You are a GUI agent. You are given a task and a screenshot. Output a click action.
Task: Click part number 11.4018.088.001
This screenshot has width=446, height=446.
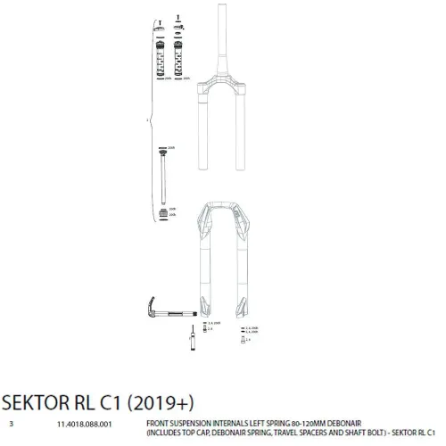(x=85, y=425)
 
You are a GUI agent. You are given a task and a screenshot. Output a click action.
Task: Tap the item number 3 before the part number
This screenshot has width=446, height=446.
(x=12, y=425)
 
